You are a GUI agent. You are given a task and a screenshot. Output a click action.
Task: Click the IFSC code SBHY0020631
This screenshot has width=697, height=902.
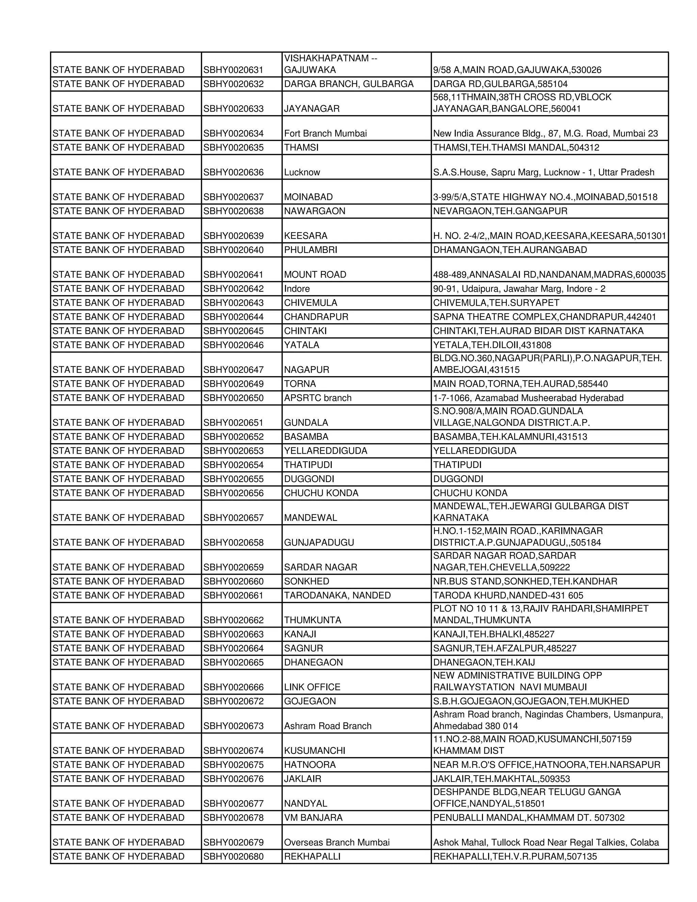point(233,70)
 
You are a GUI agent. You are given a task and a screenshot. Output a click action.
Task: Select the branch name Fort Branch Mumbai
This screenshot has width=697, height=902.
point(325,133)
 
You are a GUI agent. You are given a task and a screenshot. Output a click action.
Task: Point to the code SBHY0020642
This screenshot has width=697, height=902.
point(233,289)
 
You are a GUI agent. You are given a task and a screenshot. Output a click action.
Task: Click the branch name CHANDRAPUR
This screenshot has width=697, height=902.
point(316,317)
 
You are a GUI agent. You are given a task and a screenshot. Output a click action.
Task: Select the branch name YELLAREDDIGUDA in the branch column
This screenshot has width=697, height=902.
point(325,451)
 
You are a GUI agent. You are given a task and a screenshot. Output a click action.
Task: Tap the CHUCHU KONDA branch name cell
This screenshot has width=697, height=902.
point(321,493)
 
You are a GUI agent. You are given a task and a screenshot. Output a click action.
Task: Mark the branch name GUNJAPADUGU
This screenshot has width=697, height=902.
point(319,542)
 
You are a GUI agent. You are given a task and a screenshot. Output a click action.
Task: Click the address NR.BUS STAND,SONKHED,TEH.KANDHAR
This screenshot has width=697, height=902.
point(525,581)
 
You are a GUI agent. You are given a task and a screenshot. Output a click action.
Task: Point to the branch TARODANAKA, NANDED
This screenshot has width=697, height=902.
point(337,595)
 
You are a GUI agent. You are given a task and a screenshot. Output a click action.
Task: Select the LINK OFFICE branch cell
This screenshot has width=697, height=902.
point(312,687)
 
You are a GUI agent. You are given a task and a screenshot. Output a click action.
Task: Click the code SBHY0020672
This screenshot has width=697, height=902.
point(233,701)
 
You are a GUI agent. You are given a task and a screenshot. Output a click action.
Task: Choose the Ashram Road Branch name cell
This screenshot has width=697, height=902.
point(327,726)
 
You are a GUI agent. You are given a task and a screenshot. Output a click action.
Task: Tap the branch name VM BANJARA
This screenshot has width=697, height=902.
point(313,817)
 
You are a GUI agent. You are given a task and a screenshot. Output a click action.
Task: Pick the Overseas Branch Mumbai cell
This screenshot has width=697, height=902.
point(337,842)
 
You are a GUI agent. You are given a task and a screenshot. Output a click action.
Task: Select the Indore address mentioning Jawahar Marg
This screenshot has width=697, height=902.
point(519,289)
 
